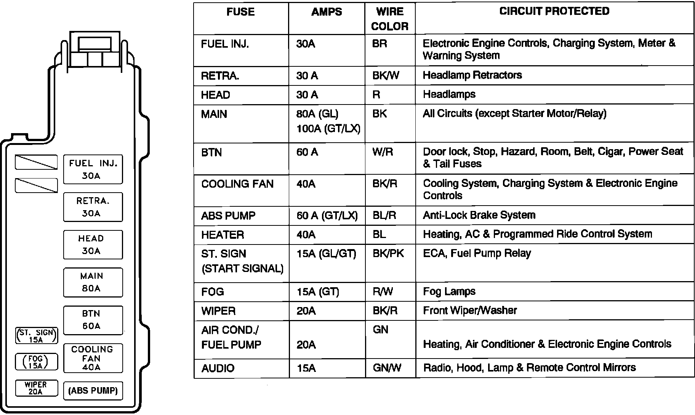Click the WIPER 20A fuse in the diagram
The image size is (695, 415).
[36, 388]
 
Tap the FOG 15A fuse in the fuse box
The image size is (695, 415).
[36, 362]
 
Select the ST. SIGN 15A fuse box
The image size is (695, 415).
[36, 336]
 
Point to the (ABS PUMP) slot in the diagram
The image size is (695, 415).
[93, 391]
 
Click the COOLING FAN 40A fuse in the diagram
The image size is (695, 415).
[93, 358]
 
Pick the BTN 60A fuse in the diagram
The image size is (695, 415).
[93, 320]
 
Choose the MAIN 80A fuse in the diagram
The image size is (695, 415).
[93, 282]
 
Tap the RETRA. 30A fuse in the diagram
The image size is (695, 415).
[93, 207]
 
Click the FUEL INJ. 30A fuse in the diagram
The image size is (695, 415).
[93, 169]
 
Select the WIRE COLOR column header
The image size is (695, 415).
[390, 19]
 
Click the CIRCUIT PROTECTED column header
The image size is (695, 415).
[554, 11]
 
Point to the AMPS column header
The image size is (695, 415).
[327, 12]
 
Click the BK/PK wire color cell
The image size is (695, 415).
[388, 254]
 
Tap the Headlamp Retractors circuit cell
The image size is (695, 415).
[472, 75]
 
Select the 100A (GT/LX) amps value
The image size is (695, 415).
[328, 129]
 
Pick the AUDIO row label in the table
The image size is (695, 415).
[218, 368]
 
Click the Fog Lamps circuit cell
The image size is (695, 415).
[449, 292]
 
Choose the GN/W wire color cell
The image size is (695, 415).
[386, 368]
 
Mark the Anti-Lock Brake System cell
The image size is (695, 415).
[479, 216]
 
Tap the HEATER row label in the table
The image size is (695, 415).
[223, 235]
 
